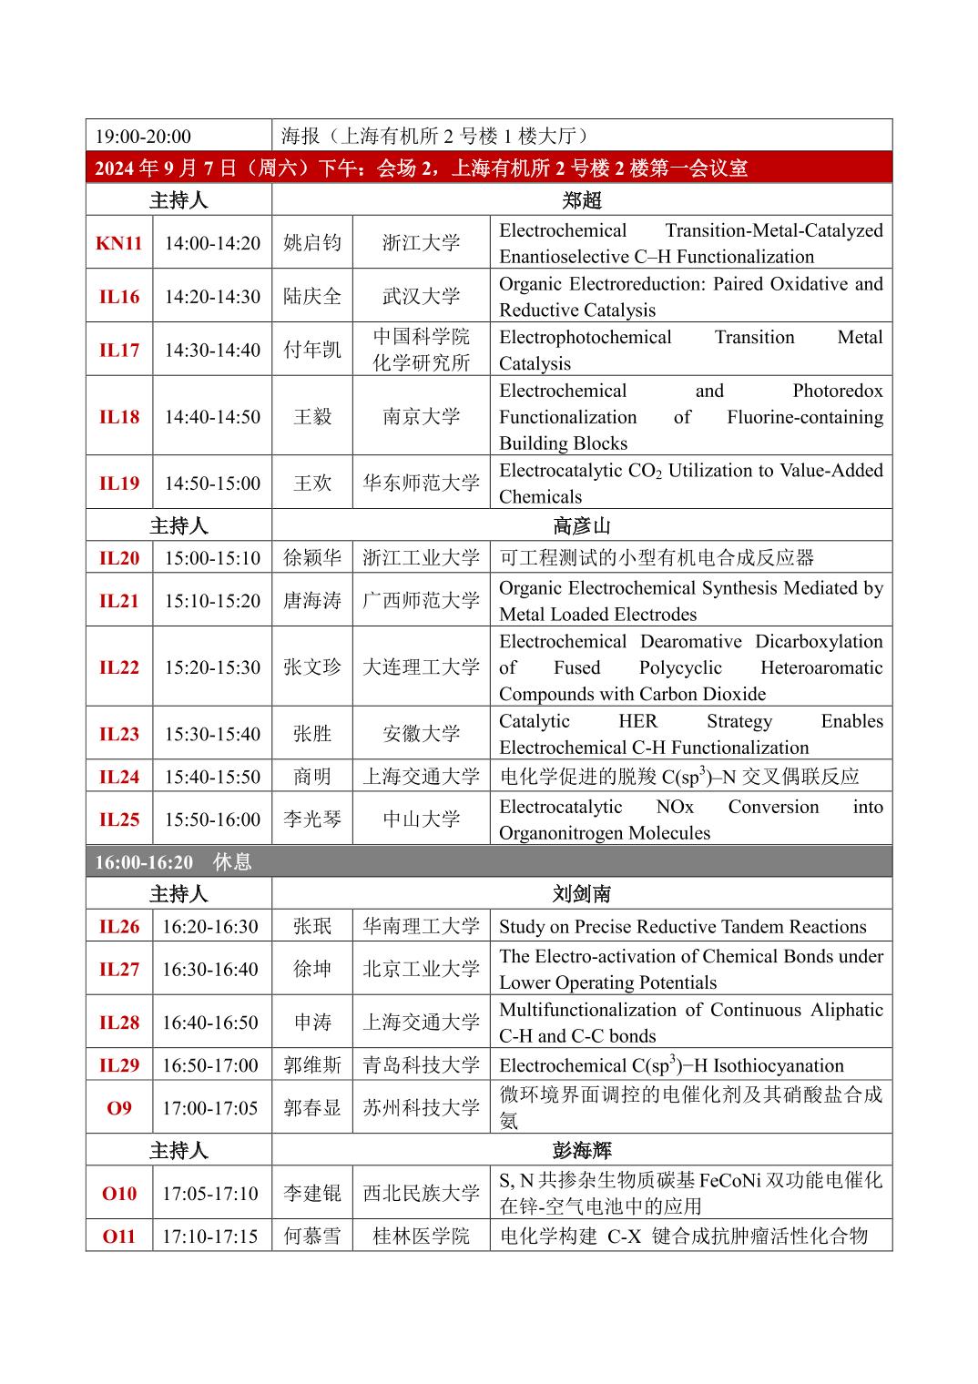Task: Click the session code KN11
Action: point(119,243)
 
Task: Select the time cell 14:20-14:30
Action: point(212,297)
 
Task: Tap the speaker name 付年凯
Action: point(312,350)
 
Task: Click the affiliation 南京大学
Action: point(421,417)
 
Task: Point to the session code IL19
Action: point(119,483)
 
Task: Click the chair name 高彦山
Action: point(581,526)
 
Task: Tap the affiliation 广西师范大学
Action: point(421,601)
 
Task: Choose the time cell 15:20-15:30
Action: point(212,667)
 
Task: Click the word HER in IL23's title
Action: point(637,721)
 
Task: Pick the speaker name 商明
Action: point(312,777)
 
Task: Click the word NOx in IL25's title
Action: point(675,807)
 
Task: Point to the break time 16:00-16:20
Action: point(144,862)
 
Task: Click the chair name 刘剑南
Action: point(581,894)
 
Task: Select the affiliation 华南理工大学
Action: point(421,926)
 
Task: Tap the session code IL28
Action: point(119,1023)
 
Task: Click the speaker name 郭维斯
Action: point(312,1065)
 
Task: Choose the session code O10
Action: point(119,1194)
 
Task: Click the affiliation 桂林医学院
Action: point(421,1236)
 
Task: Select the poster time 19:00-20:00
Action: point(143,137)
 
